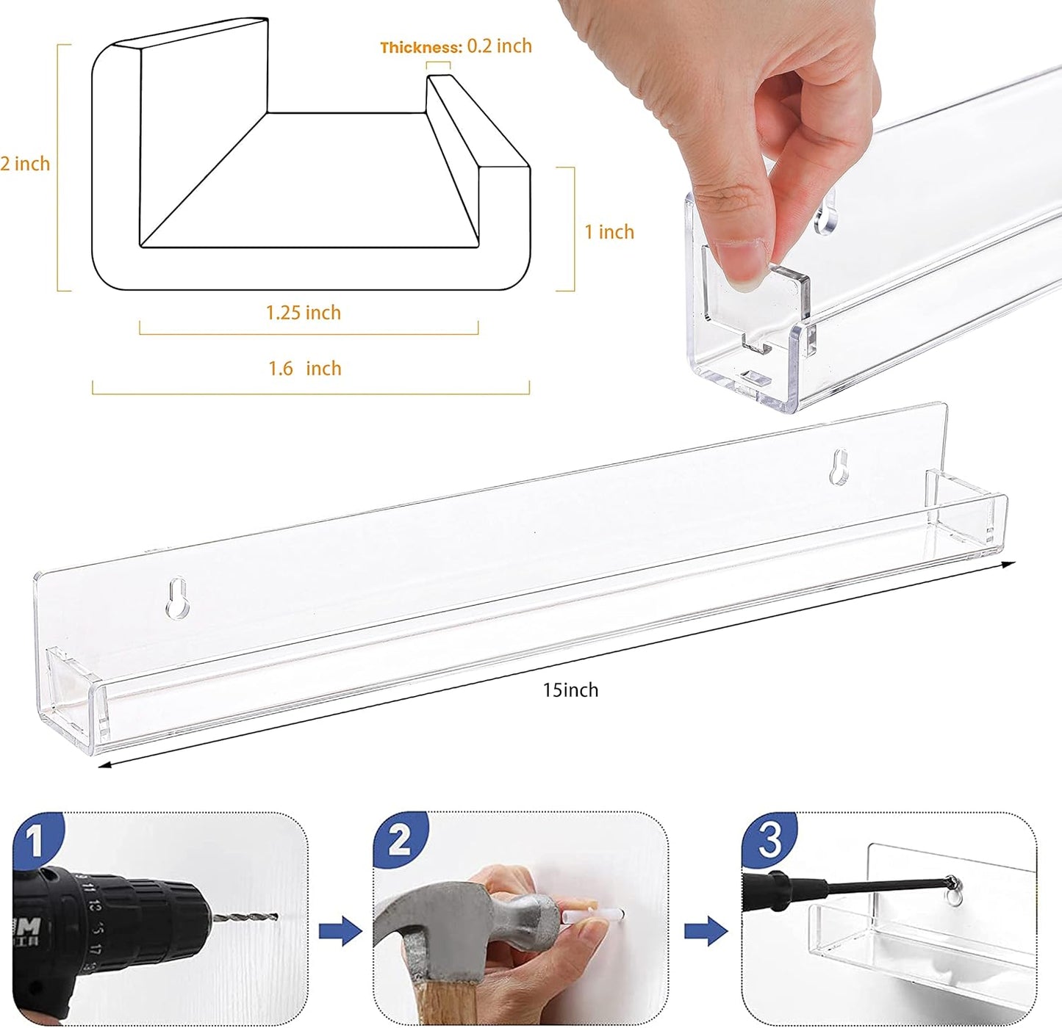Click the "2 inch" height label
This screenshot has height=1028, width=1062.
point(25,164)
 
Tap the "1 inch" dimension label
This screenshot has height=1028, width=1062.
point(609,232)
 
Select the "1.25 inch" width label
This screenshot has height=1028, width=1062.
point(303,313)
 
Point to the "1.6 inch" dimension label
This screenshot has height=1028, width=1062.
point(304,369)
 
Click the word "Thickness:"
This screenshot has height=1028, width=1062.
point(420,48)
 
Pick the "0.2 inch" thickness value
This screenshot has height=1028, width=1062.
point(500,46)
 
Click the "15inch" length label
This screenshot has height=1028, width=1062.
point(570,690)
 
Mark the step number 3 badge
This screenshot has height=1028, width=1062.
point(769,839)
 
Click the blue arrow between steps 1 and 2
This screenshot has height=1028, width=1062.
point(340,932)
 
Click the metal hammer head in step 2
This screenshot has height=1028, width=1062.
point(441,918)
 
